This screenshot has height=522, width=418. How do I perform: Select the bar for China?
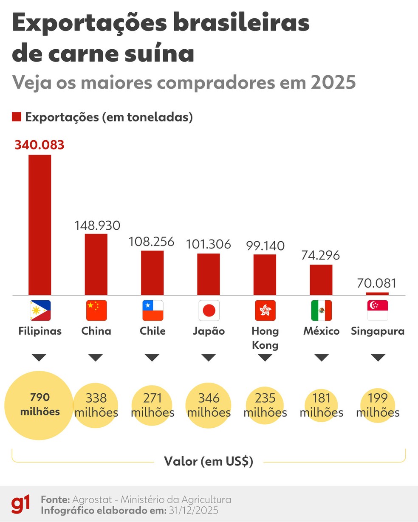pos(96,264)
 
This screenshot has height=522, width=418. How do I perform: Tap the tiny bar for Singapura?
pos(377,293)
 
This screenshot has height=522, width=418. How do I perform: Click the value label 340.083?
pos(40,145)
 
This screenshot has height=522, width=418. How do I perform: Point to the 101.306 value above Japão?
pos(209,244)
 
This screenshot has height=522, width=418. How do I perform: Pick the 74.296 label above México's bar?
pos(321,255)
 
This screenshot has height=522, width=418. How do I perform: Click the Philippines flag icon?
pos(40,310)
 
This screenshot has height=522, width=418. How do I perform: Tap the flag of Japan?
pos(209,310)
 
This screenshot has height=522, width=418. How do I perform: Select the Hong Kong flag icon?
pos(265,310)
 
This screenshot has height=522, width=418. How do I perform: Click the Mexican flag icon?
pos(321,310)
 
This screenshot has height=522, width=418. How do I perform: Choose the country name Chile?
pos(153,331)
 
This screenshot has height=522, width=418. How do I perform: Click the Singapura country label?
pos(378,331)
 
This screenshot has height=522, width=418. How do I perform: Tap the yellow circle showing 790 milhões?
pos(39,405)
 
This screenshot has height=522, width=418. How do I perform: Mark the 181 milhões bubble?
pos(321,405)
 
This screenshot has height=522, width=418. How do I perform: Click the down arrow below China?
pos(96,358)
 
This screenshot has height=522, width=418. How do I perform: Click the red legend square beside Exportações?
pos(17,117)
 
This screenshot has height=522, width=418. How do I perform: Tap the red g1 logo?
pos(21,504)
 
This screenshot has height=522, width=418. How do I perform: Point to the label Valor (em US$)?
pos(209,461)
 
